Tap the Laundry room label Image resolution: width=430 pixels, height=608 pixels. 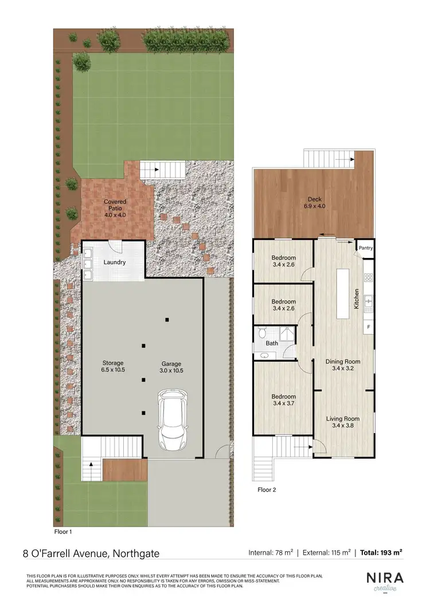coord(115,262)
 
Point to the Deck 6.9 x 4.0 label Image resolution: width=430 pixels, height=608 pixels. coord(314,202)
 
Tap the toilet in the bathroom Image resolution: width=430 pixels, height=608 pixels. coord(262,333)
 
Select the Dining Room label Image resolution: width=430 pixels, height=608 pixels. coord(343,365)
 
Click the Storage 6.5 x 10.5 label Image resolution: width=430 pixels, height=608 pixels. coord(113,367)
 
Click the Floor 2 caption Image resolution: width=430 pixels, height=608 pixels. coord(267,490)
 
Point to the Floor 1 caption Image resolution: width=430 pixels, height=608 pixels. coord(63,531)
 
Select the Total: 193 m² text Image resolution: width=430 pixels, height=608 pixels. coord(381,553)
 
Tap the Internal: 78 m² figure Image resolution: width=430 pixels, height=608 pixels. coord(271,553)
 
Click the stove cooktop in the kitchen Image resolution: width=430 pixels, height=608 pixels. coord(368,278)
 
